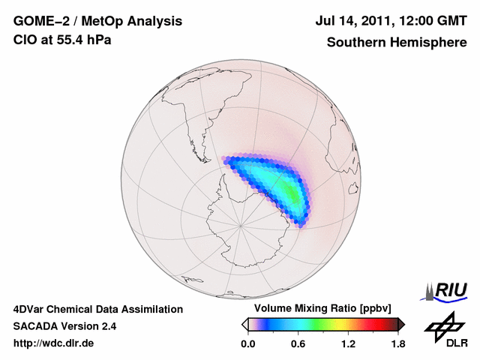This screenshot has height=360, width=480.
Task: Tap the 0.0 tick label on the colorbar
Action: click(x=247, y=344)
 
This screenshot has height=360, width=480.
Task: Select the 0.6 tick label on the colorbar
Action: click(x=298, y=344)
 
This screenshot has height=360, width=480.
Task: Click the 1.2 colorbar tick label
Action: click(x=348, y=344)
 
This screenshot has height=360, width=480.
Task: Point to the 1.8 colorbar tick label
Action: click(x=398, y=344)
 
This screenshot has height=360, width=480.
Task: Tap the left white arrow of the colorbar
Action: click(x=244, y=324)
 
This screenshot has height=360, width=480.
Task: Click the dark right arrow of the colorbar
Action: click(x=401, y=324)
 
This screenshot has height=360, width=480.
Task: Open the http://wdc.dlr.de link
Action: click(x=54, y=343)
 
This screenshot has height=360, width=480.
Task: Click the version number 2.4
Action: click(x=108, y=326)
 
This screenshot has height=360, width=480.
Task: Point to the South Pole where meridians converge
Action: click(x=240, y=223)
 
